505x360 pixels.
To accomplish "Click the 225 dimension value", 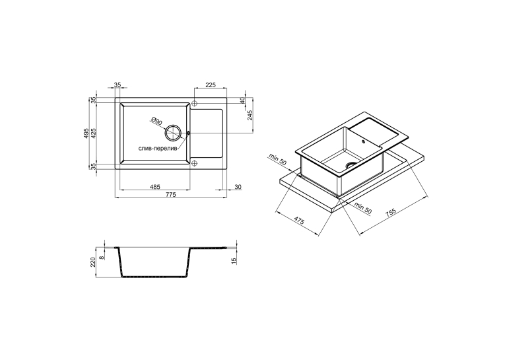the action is click(211, 85).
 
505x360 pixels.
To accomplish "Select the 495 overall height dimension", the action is click(86, 133).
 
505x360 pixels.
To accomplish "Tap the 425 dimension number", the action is click(93, 133).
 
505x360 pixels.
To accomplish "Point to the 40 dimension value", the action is click(242, 100).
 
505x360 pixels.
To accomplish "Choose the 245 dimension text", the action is click(250, 115).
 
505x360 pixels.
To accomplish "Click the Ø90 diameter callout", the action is click(156, 122).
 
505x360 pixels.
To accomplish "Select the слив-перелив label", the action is click(158, 149).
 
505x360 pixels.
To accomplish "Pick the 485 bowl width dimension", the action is click(155, 187).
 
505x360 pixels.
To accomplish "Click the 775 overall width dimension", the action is click(171, 194).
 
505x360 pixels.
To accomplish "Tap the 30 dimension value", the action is click(238, 187).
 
